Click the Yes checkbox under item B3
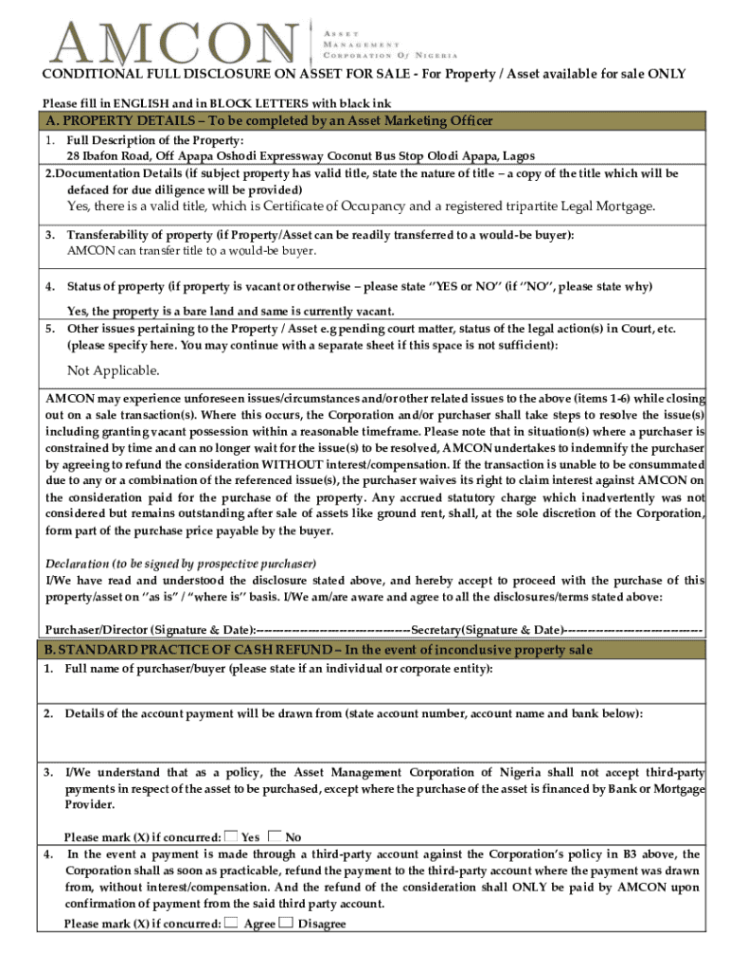pos(231,835)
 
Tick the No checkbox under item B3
pos(275,835)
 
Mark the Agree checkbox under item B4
pos(232,923)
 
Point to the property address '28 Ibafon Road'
pos(104,156)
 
